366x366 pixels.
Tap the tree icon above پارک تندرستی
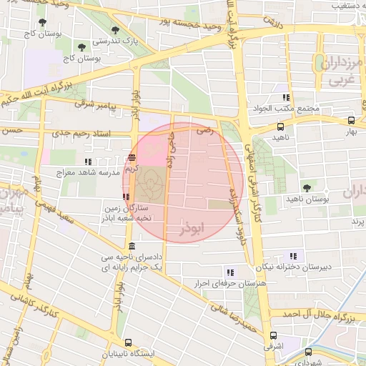coord(115,30)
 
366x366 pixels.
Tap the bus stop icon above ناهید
coord(279,125)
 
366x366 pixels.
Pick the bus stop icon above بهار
coord(350,121)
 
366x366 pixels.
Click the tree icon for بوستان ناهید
coord(307,187)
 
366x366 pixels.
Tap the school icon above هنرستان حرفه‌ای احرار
coord(229,272)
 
